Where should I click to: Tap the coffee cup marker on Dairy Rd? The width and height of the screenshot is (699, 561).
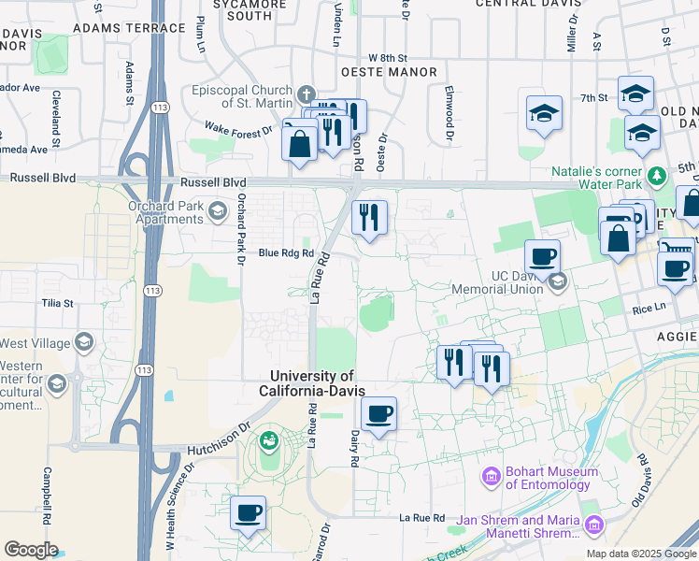pos(378,413)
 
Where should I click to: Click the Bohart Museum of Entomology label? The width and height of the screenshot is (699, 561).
pos(548,478)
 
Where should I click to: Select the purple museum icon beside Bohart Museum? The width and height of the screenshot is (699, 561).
pos(492,478)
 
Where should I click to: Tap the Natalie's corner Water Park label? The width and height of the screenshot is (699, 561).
pos(597,180)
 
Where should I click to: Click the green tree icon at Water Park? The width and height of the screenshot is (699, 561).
pos(657,175)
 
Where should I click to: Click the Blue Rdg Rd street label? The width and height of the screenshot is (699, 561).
pos(286,252)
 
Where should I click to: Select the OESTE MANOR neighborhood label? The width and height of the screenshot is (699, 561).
pos(389,72)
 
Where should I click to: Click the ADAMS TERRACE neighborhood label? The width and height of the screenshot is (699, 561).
pos(129,28)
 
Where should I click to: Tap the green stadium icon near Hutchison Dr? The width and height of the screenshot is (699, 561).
pos(270,439)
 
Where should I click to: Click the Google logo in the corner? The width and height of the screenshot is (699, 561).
pos(31,550)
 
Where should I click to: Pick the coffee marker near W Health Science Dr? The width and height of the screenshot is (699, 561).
pos(249,511)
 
